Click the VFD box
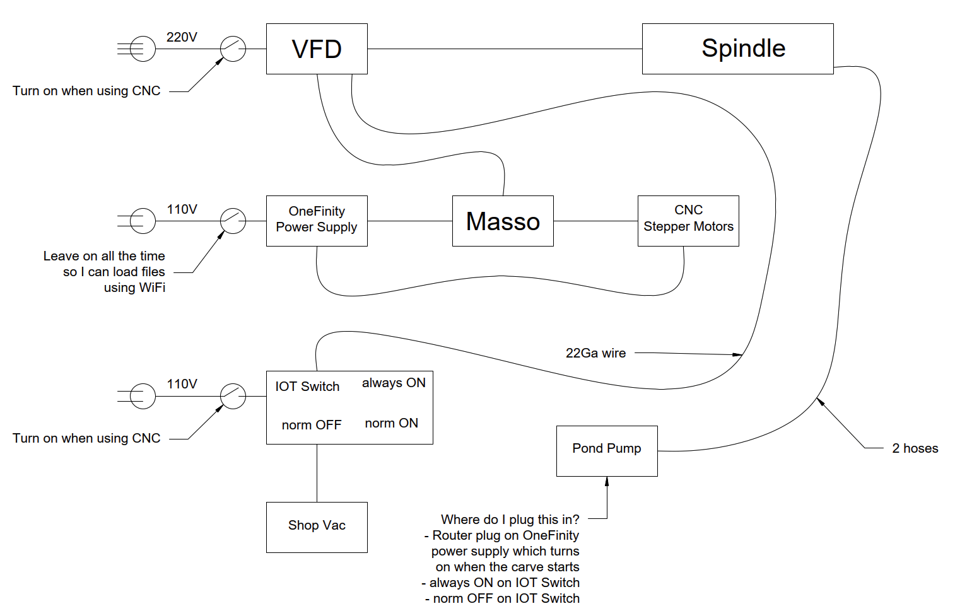[x=317, y=49]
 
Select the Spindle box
[x=737, y=49]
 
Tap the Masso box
[x=503, y=221]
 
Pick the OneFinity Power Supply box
[x=317, y=221]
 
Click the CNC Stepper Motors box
[x=688, y=221]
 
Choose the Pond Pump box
[x=607, y=451]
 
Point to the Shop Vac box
[x=317, y=527]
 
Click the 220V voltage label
[x=182, y=37]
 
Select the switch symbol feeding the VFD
[x=233, y=49]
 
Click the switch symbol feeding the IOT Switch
[x=233, y=397]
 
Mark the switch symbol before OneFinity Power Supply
[x=233, y=221]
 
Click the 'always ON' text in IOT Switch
[x=394, y=383]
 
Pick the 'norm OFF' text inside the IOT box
[x=312, y=425]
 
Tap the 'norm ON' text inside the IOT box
[x=391, y=423]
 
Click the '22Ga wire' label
[x=595, y=353]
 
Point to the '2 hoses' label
[x=915, y=448]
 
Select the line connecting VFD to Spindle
[x=505, y=49]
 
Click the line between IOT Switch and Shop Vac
[x=317, y=473]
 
